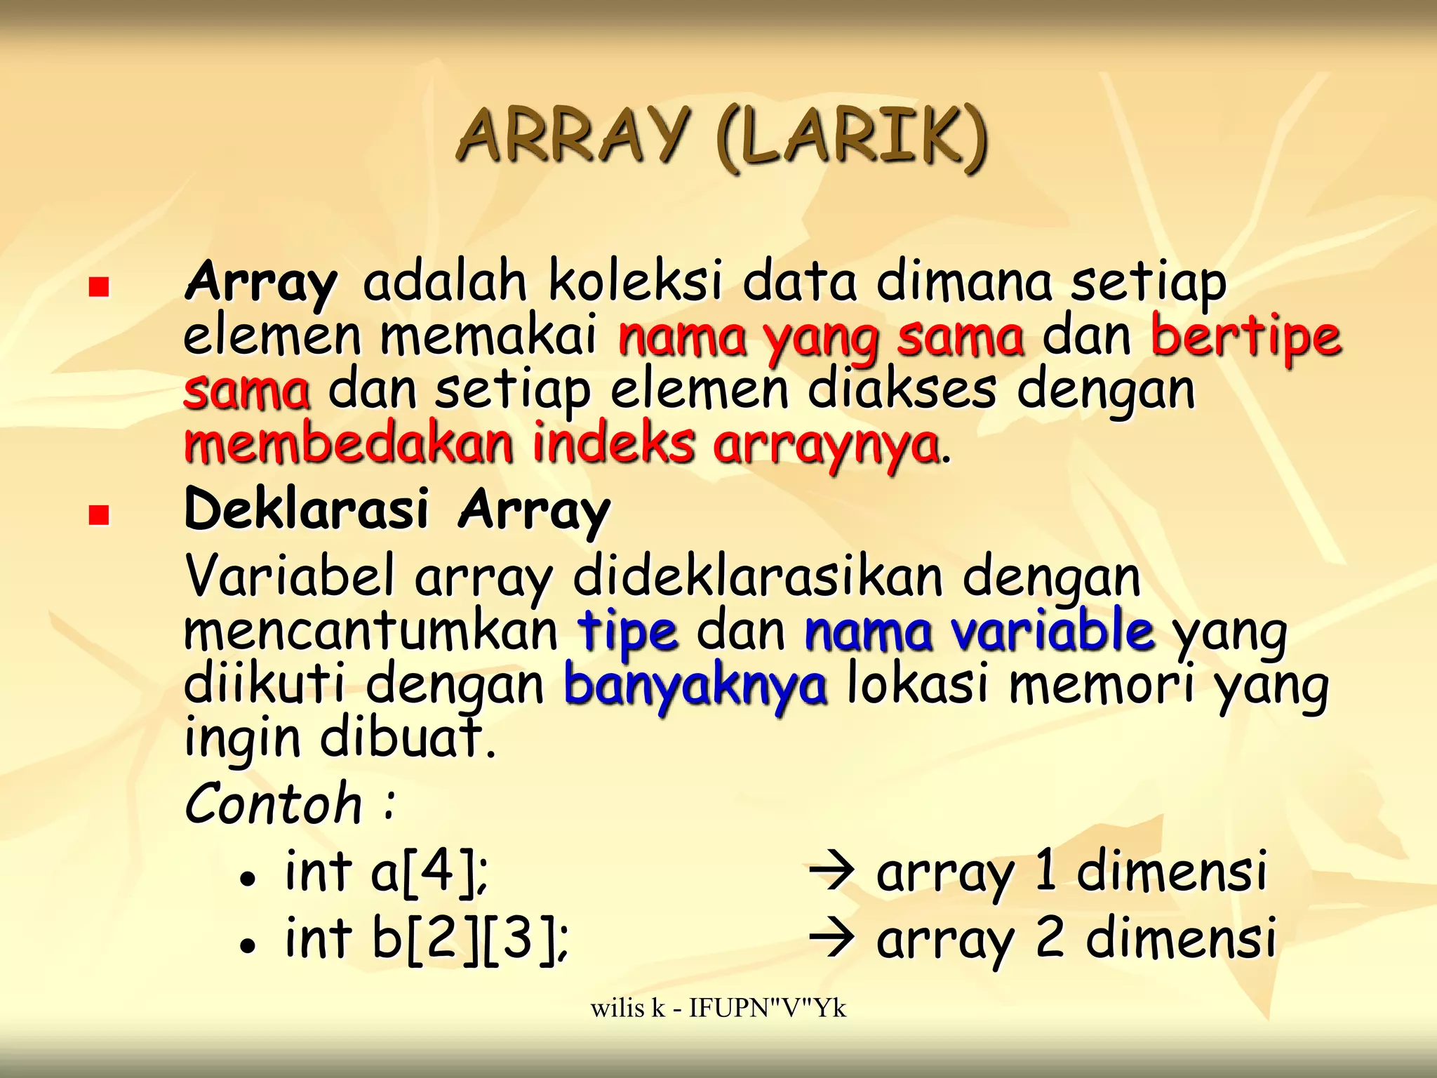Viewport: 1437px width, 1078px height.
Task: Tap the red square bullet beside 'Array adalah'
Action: [x=99, y=287]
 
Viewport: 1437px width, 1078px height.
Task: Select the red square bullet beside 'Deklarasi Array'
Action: [x=99, y=516]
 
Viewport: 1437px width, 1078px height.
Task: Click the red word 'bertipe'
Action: [x=1246, y=338]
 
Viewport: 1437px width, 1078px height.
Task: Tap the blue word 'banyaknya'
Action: [x=695, y=686]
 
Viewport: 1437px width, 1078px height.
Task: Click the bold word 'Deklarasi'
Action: [x=306, y=509]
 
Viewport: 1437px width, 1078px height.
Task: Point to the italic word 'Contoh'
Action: [x=274, y=804]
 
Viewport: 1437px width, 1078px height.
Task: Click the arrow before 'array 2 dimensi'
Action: [x=831, y=939]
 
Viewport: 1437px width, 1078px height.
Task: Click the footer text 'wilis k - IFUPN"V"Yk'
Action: [x=718, y=1009]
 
